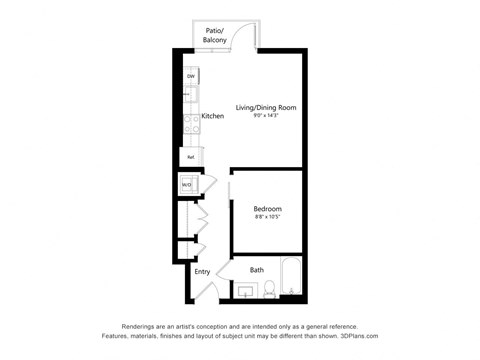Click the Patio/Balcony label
[215, 35]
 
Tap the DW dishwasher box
[190, 77]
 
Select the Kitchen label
[213, 117]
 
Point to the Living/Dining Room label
[266, 107]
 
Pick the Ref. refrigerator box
[189, 156]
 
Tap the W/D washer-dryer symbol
[187, 185]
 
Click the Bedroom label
[267, 208]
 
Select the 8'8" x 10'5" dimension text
[267, 218]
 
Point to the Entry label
[202, 271]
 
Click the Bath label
[257, 270]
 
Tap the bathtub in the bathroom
[291, 278]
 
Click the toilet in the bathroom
[269, 290]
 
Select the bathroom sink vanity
[246, 290]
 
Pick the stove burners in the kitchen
[190, 125]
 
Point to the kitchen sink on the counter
[189, 99]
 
